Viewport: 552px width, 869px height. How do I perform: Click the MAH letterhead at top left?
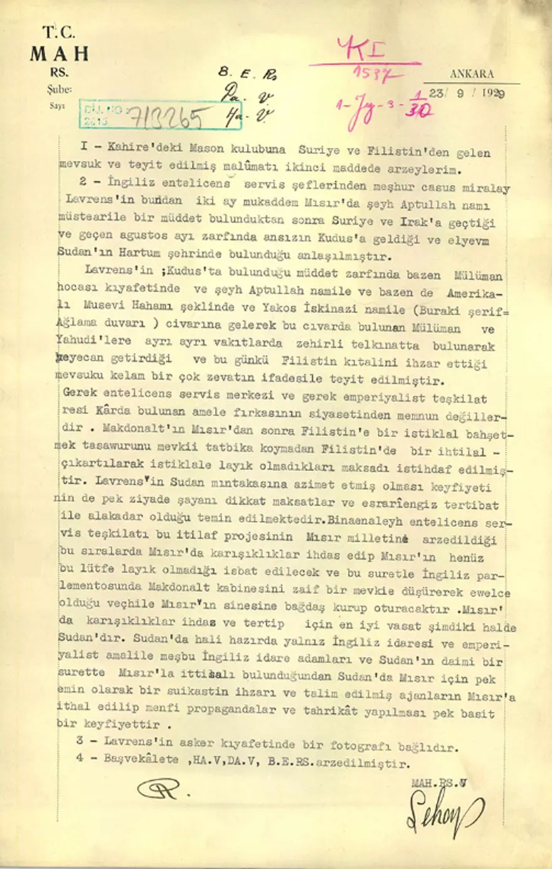(x=59, y=54)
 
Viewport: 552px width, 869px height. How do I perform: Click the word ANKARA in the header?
(x=471, y=74)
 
